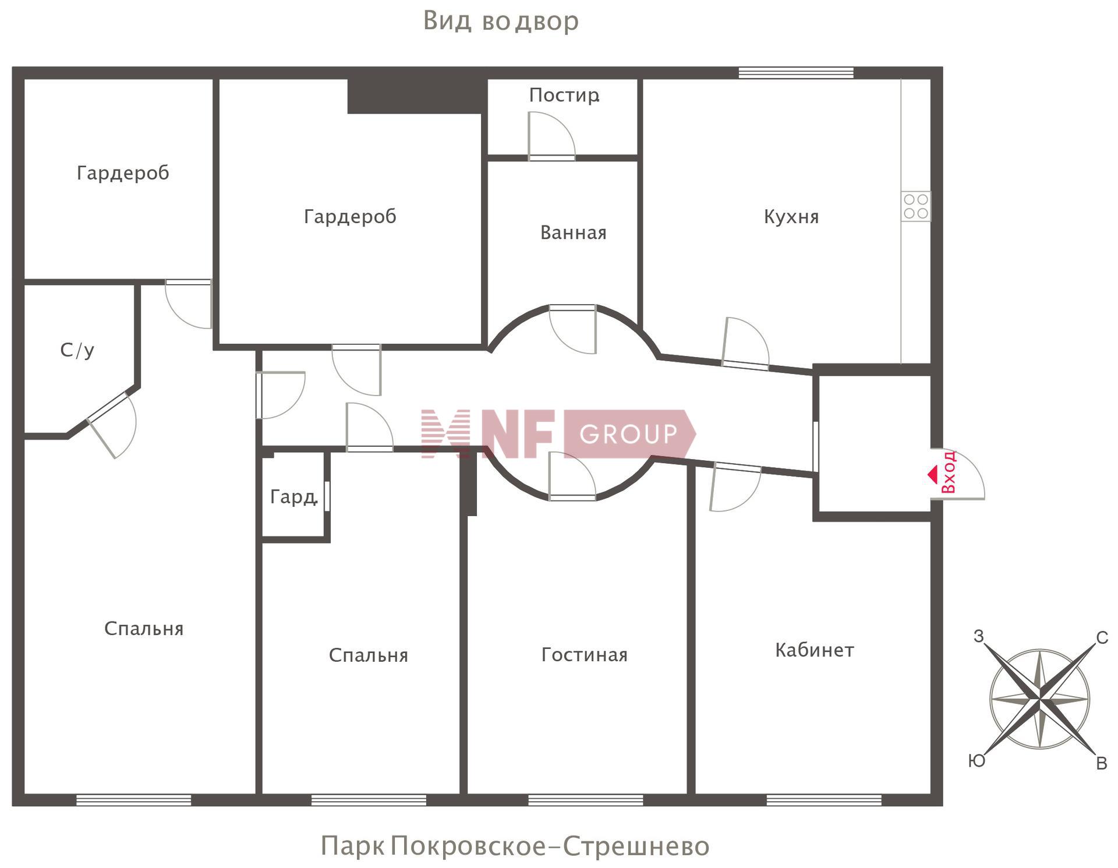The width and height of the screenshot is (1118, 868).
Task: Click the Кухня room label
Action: click(791, 217)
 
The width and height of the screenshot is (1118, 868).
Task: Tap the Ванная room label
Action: click(574, 232)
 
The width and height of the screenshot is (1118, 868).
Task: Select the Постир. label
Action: click(564, 95)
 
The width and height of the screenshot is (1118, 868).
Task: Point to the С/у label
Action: click(77, 350)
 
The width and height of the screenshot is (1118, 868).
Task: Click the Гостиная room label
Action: click(585, 654)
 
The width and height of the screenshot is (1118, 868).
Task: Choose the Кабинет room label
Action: click(815, 650)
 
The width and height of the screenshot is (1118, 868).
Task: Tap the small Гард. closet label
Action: click(293, 497)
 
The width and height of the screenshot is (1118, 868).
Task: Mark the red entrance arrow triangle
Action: click(932, 474)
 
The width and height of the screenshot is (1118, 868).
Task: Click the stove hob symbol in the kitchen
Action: click(916, 206)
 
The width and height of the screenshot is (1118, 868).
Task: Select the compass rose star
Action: click(1039, 699)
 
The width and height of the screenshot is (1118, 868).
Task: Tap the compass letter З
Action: click(979, 636)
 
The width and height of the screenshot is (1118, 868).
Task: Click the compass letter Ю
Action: click(977, 761)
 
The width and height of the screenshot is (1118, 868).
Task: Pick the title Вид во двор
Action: click(501, 21)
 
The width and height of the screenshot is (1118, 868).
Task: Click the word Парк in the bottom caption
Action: click(352, 846)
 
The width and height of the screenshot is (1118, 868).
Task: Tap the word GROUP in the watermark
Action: click(629, 434)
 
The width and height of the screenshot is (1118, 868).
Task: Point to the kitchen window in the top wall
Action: click(796, 73)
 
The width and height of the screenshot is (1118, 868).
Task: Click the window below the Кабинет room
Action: click(824, 800)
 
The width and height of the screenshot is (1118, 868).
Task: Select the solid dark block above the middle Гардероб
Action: click(418, 96)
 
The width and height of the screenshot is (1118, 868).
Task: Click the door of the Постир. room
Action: click(551, 136)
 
